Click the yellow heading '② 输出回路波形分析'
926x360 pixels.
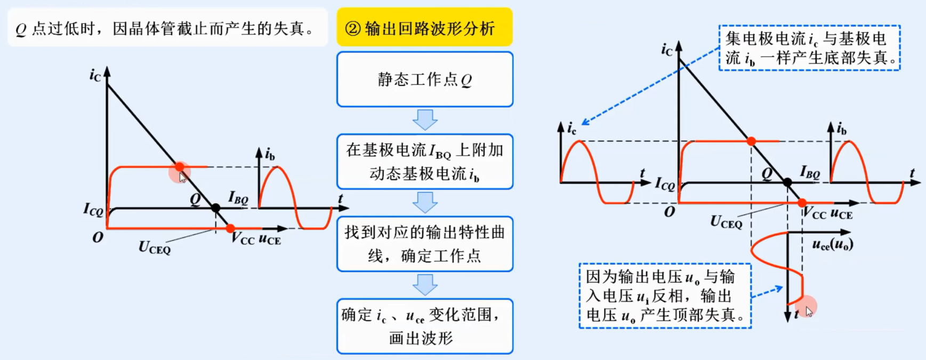424,28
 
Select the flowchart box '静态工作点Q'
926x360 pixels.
424,79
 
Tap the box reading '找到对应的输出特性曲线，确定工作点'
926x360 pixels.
424,244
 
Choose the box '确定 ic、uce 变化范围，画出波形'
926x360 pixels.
424,326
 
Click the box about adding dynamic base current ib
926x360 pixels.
424,162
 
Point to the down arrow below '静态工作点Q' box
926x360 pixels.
425,120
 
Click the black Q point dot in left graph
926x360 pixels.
215,208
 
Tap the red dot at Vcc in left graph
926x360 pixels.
230,228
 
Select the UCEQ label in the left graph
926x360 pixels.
155,247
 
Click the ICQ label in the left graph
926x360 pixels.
93,209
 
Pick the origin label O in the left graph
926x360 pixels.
97,237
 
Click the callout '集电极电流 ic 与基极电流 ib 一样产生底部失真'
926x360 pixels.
809,48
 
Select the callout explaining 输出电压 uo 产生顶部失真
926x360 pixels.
665,295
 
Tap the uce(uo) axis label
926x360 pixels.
832,245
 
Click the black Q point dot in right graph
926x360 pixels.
787,182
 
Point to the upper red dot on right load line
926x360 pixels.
751,141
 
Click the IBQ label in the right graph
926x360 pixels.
810,172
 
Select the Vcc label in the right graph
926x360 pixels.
814,214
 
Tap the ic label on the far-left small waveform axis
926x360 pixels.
571,128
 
